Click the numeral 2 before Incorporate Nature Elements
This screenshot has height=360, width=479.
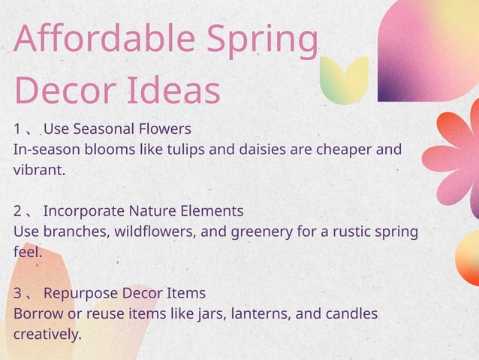pyautogui.click(x=18, y=210)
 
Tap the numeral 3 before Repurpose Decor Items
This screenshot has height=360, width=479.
pyautogui.click(x=18, y=292)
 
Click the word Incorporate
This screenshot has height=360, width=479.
pyautogui.click(x=84, y=210)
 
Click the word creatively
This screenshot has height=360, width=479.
pyautogui.click(x=47, y=334)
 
